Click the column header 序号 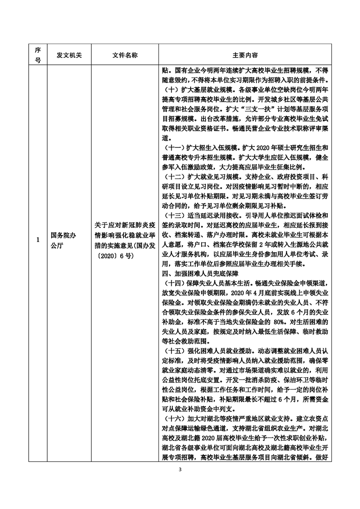tap(38, 54)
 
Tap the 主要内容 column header tap(245, 54)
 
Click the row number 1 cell tap(38, 239)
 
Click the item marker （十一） tap(175, 148)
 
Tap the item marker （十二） tap(175, 174)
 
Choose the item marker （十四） tap(175, 284)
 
